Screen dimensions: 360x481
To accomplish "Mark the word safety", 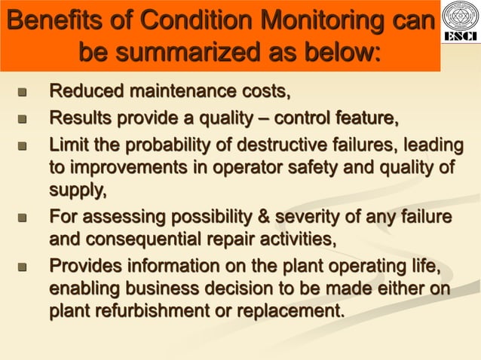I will (x=327, y=166).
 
